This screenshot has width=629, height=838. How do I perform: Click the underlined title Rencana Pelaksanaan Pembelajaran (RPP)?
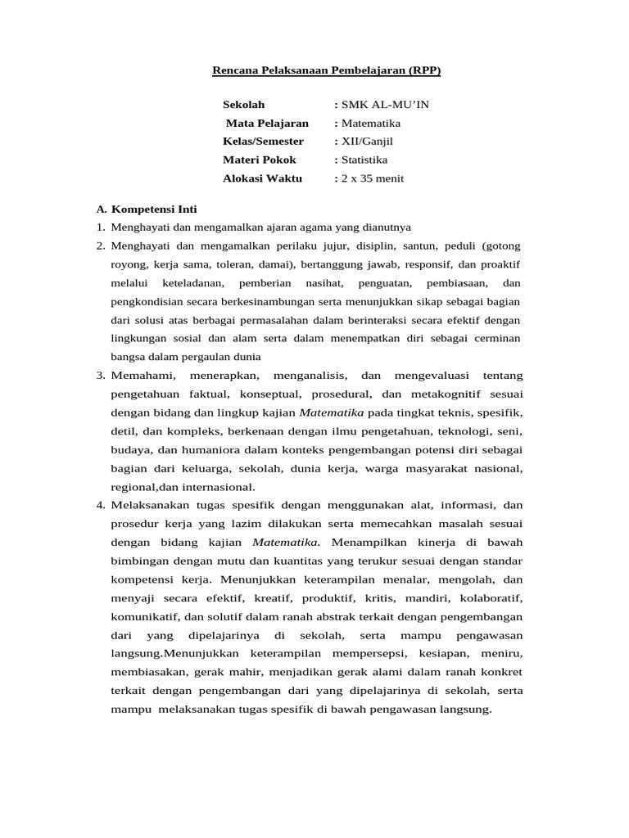[326, 70]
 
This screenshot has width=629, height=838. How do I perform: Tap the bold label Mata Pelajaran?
[268, 124]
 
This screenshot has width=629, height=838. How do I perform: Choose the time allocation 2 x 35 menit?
[373, 178]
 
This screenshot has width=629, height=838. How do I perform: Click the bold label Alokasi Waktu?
[262, 178]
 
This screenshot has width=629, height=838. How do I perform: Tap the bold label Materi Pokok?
[260, 160]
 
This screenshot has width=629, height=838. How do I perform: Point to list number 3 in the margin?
[100, 376]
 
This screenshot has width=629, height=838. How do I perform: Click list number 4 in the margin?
[100, 505]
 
